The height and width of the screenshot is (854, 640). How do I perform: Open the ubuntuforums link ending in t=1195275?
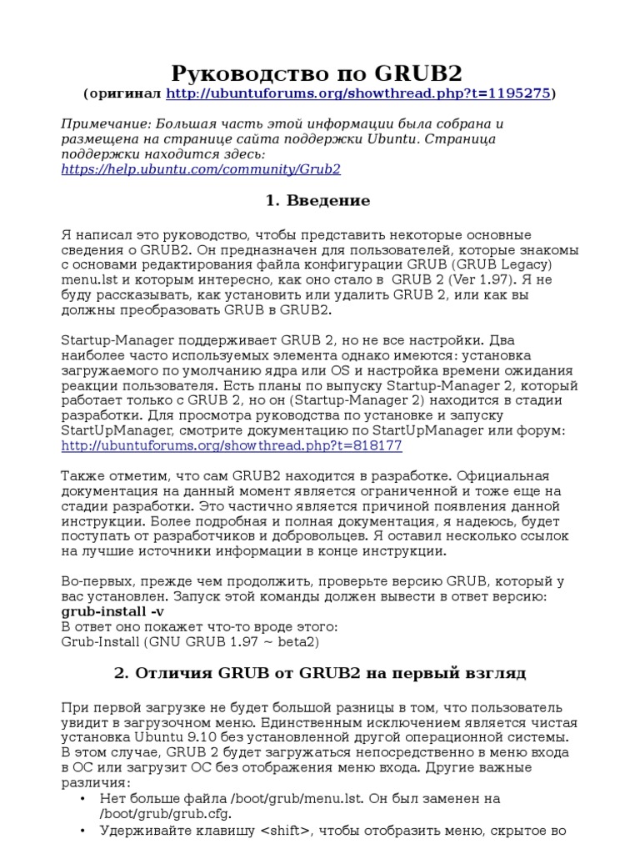[x=358, y=93]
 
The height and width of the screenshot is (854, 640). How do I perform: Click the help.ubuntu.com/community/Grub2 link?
[x=201, y=169]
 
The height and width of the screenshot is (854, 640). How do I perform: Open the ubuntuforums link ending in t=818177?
[x=232, y=445]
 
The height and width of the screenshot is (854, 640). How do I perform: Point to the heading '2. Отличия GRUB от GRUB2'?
[x=319, y=673]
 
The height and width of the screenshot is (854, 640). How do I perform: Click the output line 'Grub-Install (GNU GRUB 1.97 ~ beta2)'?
[x=190, y=642]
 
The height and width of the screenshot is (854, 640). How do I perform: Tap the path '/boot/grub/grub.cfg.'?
[x=166, y=814]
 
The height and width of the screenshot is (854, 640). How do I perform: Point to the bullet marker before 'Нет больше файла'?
[x=82, y=799]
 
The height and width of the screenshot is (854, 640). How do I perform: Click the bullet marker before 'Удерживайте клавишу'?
[x=82, y=831]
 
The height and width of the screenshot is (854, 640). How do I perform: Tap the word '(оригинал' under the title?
[x=123, y=93]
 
